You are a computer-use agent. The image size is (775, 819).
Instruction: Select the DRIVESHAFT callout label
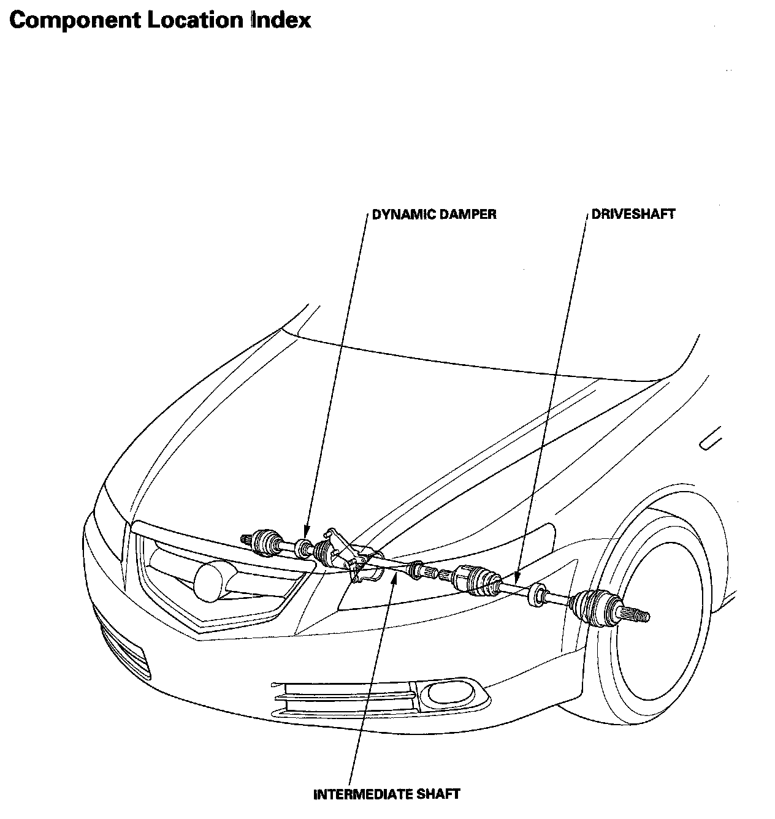pyautogui.click(x=633, y=215)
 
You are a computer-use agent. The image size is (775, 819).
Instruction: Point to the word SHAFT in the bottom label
pyautogui.click(x=437, y=794)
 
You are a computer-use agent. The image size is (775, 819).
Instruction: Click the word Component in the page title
pyautogui.click(x=75, y=20)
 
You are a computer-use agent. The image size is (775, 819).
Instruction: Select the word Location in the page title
pyautogui.click(x=196, y=20)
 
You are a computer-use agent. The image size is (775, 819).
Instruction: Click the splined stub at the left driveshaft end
pyautogui.click(x=246, y=539)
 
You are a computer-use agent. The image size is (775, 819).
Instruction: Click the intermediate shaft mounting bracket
pyautogui.click(x=354, y=555)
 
